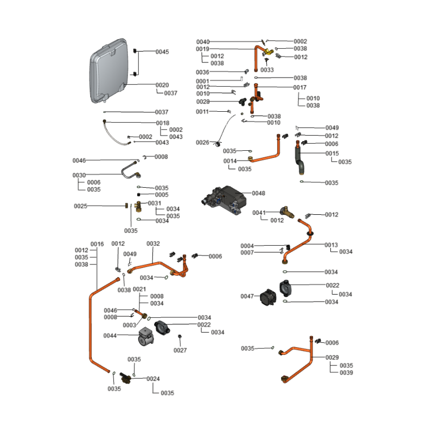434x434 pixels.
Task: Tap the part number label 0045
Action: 162,52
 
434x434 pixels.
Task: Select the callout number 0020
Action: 162,85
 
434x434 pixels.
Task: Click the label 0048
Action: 258,193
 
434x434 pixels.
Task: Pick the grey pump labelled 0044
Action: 147,337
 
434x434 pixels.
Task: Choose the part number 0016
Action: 97,244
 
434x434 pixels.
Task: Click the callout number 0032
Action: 153,244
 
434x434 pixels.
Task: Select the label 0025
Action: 81,206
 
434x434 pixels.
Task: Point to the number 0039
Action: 346,373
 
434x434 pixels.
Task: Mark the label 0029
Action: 332,358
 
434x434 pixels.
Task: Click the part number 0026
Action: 202,143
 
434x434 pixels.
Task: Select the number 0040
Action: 203,42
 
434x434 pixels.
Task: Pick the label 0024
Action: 153,379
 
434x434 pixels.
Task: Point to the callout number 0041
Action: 259,213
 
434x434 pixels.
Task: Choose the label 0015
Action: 332,154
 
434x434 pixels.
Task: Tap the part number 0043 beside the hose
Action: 162,143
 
